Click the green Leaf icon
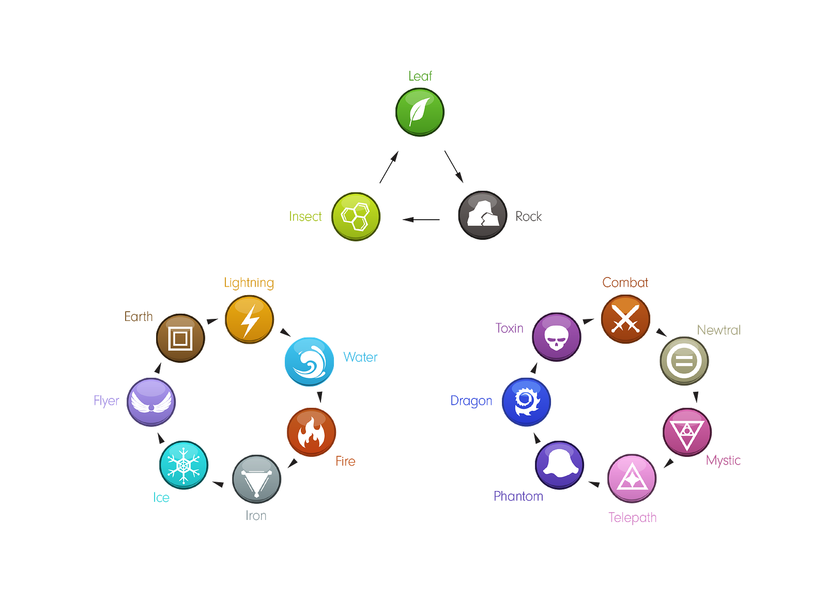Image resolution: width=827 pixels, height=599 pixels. (420, 112)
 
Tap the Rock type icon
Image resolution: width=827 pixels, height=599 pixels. (483, 215)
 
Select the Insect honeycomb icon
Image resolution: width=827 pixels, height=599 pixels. (356, 217)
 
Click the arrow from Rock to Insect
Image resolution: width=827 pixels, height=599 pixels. (421, 220)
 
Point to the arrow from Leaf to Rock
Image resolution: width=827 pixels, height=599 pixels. (454, 166)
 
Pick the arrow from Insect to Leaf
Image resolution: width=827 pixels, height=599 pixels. (389, 167)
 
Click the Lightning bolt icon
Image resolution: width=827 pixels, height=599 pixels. (249, 319)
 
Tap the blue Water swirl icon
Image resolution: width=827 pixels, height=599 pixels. (309, 362)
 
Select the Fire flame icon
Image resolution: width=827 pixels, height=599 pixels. (311, 432)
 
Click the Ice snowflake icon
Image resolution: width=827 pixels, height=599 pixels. (183, 465)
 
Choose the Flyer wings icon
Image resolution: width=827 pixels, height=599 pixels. (151, 402)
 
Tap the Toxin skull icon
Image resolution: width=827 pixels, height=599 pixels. (556, 337)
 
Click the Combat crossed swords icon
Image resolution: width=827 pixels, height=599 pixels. (625, 319)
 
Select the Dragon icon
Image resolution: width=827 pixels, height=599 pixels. (526, 402)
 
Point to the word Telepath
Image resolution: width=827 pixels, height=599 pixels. (633, 518)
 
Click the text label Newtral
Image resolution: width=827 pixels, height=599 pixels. (718, 330)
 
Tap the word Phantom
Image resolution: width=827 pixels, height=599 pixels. (518, 496)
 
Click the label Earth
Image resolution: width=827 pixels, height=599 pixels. (139, 316)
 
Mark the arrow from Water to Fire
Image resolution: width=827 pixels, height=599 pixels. (320, 397)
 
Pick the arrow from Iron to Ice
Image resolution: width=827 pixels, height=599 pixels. (218, 484)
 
